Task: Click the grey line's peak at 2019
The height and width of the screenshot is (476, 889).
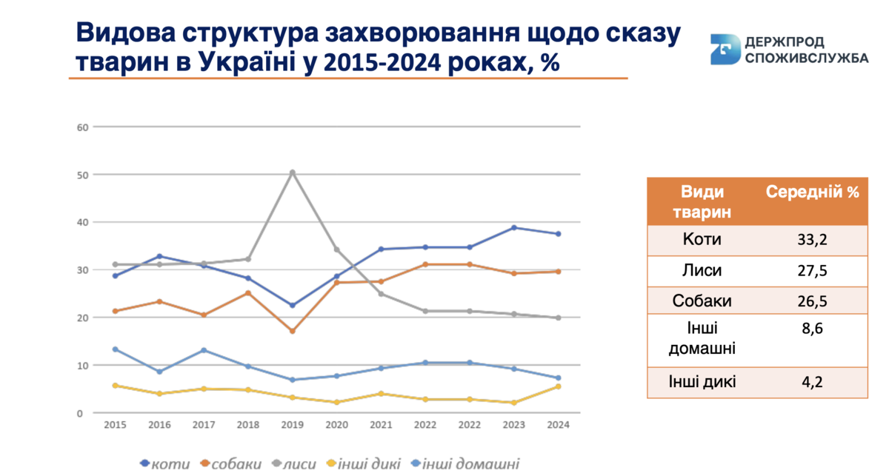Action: tap(292, 172)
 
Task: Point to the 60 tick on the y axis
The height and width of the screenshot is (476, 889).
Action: tap(82, 127)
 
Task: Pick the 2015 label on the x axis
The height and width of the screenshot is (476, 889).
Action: tap(115, 425)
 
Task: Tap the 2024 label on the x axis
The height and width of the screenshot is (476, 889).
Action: tap(557, 425)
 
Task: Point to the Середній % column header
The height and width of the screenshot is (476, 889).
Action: tap(813, 192)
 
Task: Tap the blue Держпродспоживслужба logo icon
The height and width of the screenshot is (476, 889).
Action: tap(725, 49)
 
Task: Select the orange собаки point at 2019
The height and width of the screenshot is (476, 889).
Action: tap(292, 331)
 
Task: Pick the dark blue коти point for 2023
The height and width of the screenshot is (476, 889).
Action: tap(513, 227)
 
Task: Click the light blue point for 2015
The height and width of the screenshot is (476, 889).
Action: tap(115, 349)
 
